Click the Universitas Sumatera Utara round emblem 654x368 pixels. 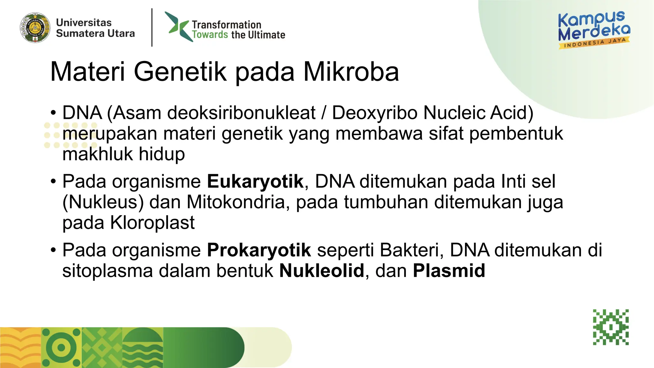pyautogui.click(x=35, y=28)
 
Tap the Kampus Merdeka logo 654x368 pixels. pyautogui.click(x=594, y=30)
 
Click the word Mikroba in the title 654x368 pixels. pyautogui.click(x=351, y=72)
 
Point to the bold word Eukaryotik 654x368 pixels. pyautogui.click(x=255, y=181)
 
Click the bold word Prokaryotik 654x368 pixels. pyautogui.click(x=259, y=250)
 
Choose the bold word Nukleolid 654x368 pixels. pyautogui.click(x=322, y=271)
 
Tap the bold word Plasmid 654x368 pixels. pyautogui.click(x=449, y=271)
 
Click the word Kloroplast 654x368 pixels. pyautogui.click(x=152, y=223)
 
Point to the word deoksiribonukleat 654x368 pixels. pyautogui.click(x=241, y=113)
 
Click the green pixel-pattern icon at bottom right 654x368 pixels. pyautogui.click(x=611, y=327)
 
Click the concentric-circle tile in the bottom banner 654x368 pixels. pyautogui.click(x=61, y=348)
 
